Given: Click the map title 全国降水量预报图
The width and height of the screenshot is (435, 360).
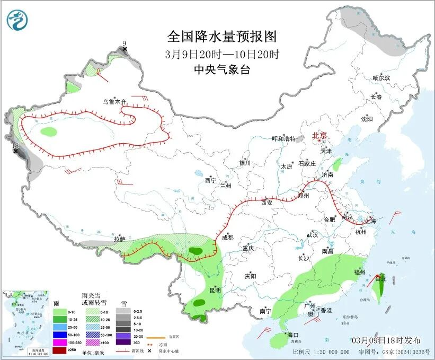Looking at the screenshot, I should pos(222,37).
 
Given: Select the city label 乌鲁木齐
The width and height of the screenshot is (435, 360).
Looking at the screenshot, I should pos(115,101).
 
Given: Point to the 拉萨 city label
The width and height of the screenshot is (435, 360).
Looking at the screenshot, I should pos(119,239).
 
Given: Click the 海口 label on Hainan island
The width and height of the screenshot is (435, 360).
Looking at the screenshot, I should pos(293,335).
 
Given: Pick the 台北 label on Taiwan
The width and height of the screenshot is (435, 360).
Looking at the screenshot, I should pos(380,277).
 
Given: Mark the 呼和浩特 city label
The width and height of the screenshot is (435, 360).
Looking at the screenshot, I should pos(283,138).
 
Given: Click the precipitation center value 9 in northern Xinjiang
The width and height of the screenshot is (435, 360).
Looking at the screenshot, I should pos(125,43).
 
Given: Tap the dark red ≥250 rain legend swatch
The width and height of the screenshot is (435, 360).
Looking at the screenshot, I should pos(60,350).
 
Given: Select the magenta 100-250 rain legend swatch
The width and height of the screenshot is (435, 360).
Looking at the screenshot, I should pos(60,343).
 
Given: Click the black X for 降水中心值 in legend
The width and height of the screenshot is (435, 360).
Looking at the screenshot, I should pos(157,351).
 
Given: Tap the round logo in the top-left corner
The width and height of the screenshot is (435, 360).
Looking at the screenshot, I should pos(16,20).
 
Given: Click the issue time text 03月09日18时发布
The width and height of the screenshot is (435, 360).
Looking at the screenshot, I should pos(387,340).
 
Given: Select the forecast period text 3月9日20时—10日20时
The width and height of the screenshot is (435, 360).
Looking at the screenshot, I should pos(222,54).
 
